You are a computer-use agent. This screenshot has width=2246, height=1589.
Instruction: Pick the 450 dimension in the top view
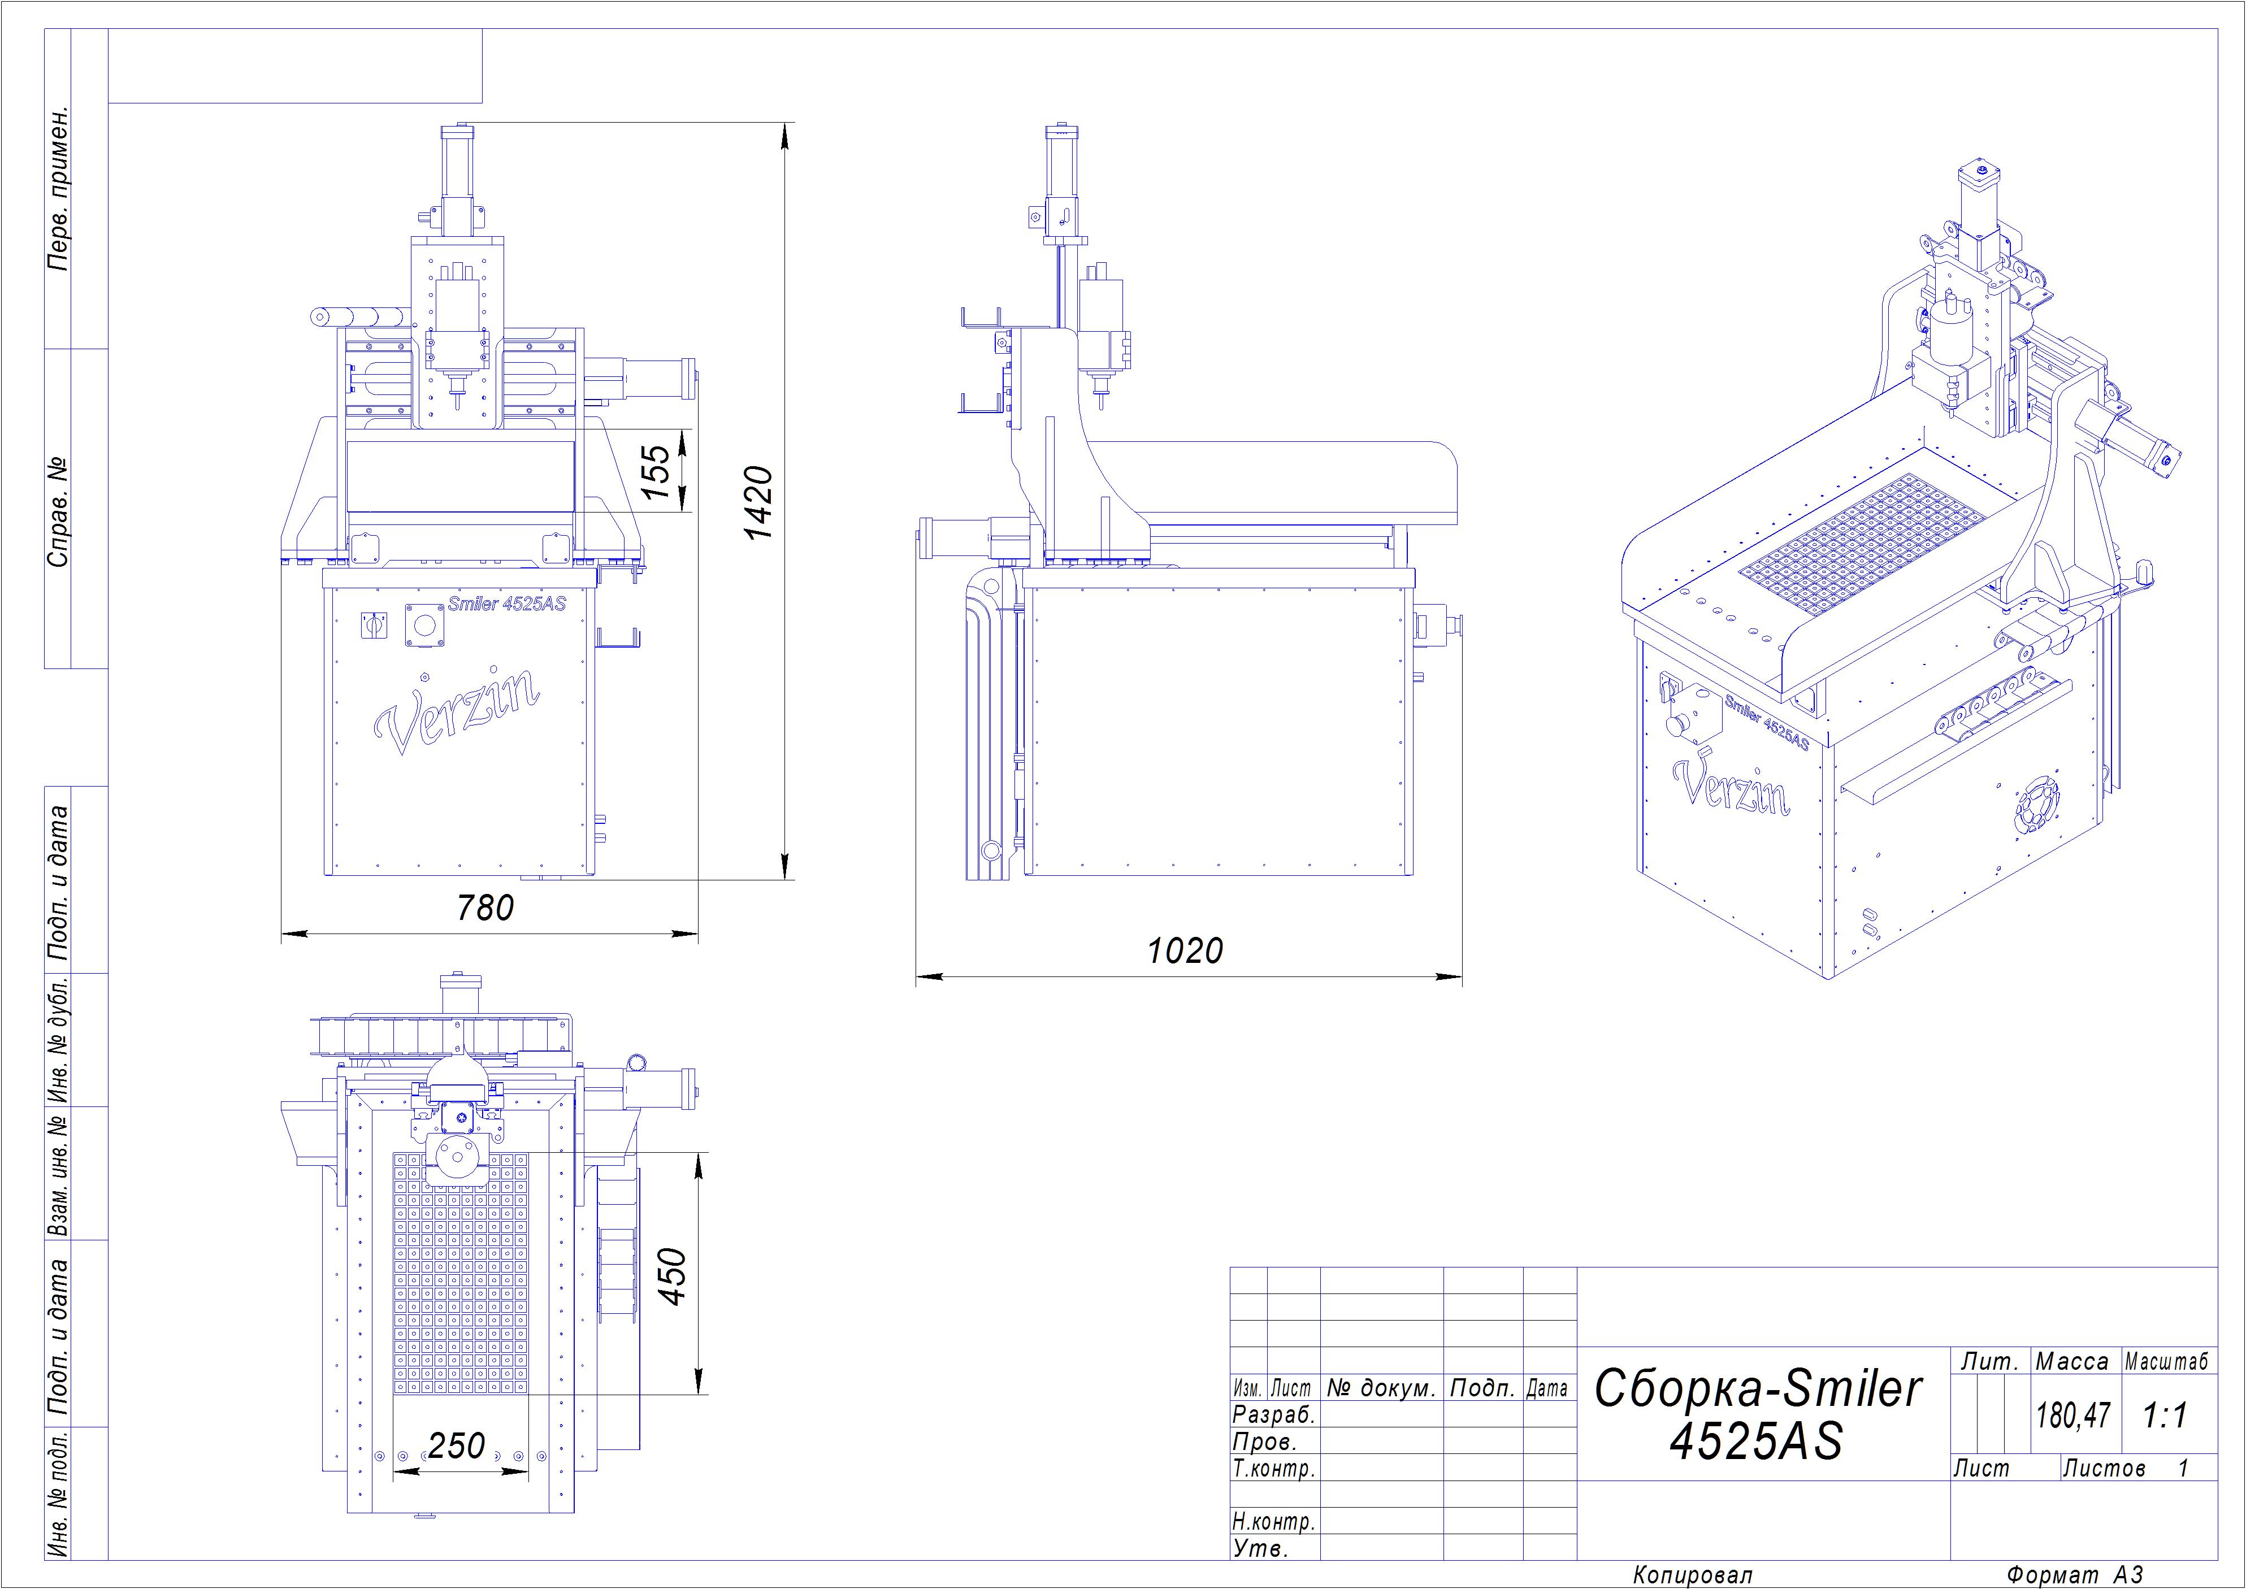(673, 1276)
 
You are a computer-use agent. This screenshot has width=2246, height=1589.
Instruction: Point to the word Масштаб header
(2166, 1361)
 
